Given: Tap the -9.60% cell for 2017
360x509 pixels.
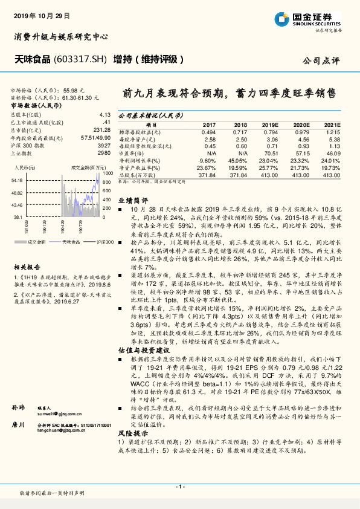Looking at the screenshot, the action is tap(206, 160).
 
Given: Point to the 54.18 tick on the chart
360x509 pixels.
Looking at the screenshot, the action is tap(17, 181).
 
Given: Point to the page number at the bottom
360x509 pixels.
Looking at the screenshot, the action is tap(179, 486).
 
